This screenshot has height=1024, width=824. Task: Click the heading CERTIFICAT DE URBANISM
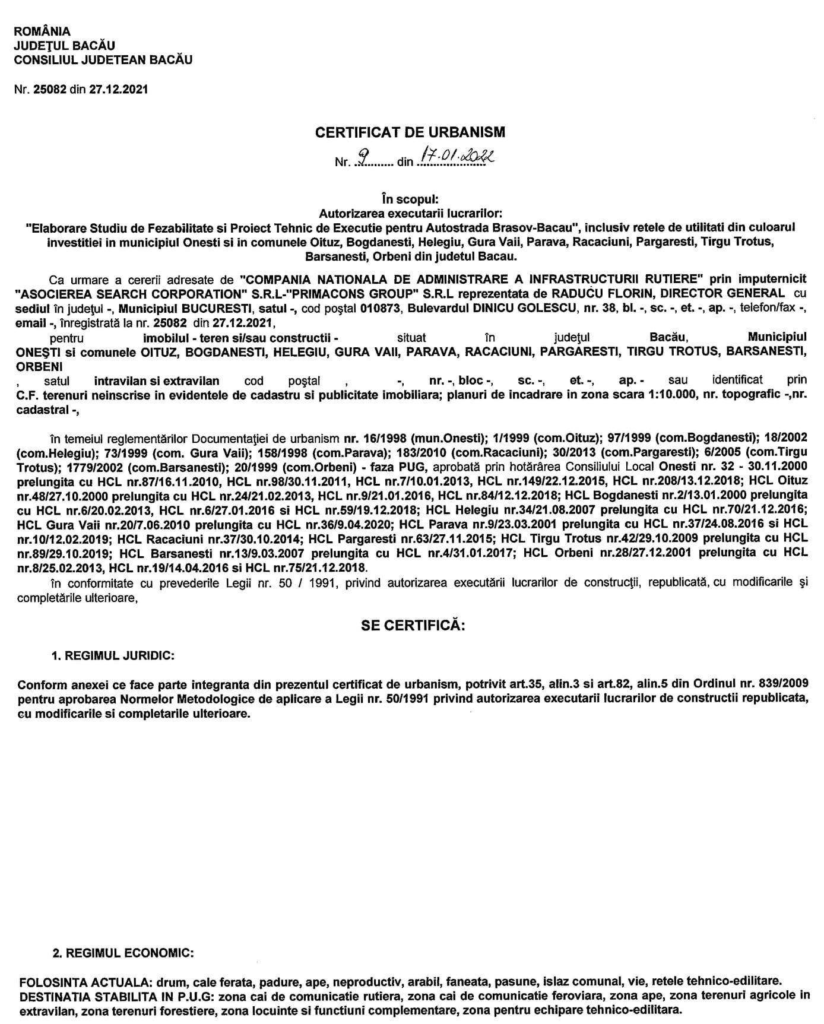(x=410, y=132)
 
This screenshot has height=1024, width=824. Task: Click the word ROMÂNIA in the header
(x=42, y=31)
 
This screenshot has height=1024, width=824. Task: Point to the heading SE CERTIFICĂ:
(x=413, y=626)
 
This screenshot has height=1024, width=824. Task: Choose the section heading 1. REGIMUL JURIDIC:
(x=113, y=655)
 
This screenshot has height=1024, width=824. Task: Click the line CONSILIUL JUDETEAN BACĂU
(x=103, y=60)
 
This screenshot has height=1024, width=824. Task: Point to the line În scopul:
(x=410, y=200)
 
